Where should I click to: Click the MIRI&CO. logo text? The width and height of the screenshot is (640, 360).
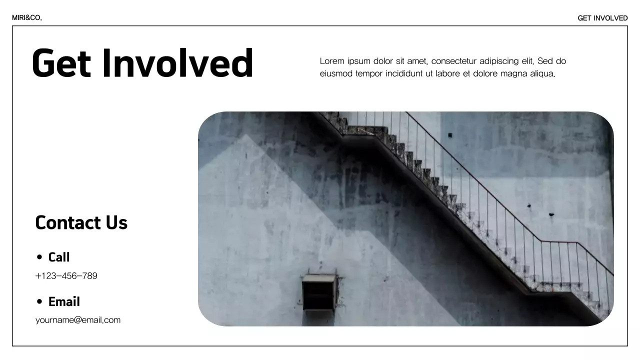27,18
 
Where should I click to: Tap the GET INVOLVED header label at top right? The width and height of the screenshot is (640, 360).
602,18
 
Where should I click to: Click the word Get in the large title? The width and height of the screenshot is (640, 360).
61,63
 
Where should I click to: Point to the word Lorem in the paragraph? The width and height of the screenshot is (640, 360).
332,61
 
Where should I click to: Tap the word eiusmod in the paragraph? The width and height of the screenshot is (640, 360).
336,74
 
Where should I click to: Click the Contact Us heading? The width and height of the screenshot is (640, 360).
81,222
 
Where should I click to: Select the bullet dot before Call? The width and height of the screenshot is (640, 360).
39,257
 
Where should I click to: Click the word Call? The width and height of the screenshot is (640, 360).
59,257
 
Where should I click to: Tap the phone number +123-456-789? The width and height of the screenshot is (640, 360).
66,276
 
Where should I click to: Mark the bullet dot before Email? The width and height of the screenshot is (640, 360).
39,302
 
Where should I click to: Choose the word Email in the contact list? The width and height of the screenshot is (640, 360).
64,302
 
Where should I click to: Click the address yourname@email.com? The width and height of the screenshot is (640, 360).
78,320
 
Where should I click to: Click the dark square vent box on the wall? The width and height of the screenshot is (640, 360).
318,292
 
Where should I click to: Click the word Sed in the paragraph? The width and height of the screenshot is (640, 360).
545,61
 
